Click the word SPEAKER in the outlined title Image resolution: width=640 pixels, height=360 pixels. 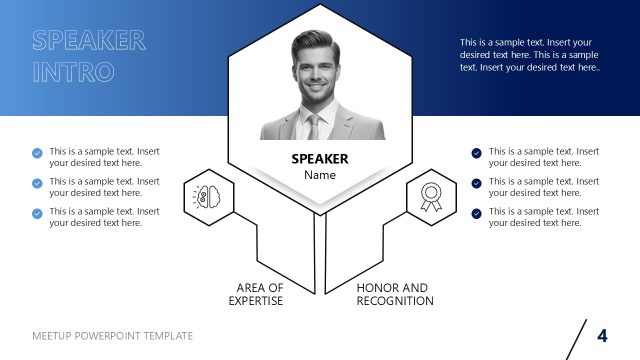(89, 41)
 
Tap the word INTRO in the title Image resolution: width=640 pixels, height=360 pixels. (73, 72)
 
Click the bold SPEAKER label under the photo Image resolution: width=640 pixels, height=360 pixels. (320, 158)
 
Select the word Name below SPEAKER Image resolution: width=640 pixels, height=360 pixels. (320, 175)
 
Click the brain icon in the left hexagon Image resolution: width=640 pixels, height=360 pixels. (209, 196)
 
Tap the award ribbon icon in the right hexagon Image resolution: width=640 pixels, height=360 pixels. (431, 197)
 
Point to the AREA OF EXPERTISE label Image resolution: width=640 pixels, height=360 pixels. (256, 293)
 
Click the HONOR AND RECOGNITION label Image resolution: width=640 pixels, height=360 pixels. (395, 293)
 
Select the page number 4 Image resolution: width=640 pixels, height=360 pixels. (602, 335)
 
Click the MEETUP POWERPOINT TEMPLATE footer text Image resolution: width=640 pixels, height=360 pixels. (113, 336)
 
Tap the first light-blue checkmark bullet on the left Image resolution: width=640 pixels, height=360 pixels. (38, 153)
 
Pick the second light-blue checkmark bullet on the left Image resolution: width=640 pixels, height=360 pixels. (38, 183)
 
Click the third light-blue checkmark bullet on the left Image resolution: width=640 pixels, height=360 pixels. (38, 213)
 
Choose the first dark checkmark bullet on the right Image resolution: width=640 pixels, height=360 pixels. (477, 153)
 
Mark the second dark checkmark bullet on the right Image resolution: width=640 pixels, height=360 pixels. (477, 183)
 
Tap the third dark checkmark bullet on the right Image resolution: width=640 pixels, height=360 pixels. (477, 213)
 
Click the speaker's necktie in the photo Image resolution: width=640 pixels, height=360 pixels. (314, 126)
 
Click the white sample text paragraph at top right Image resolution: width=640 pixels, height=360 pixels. (529, 55)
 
